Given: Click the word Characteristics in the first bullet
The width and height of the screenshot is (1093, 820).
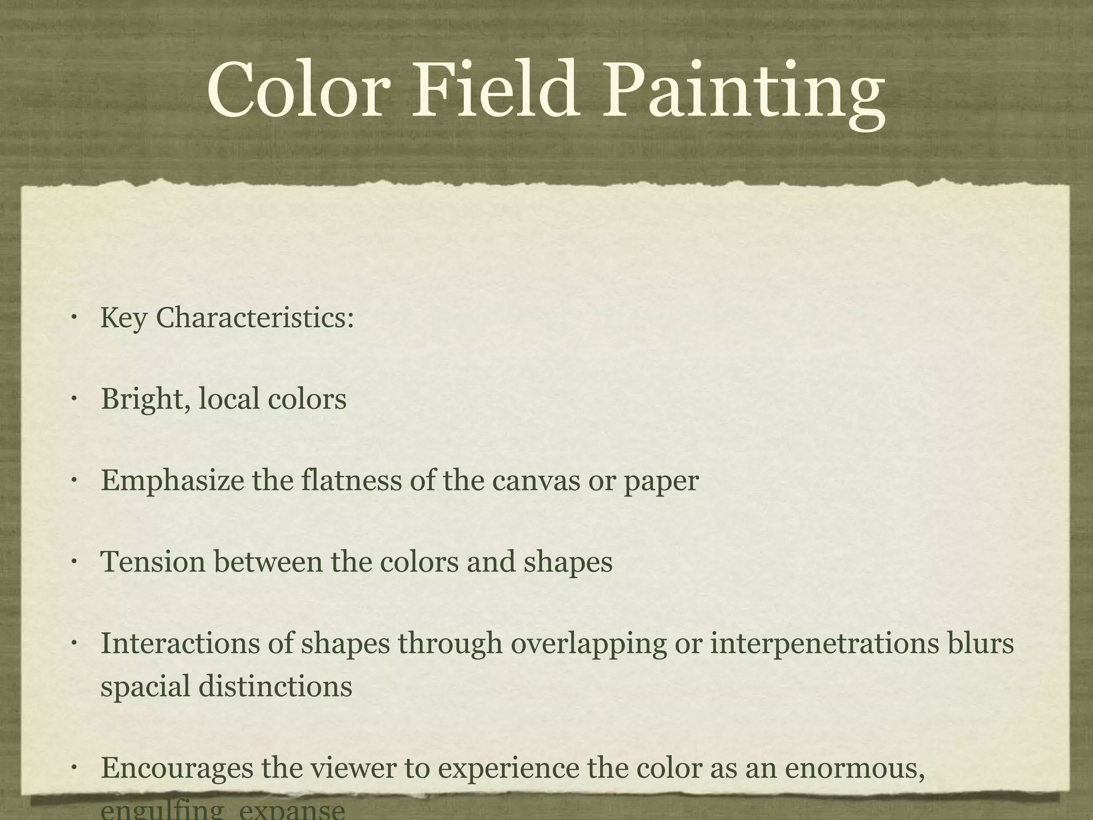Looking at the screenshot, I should tap(255, 318).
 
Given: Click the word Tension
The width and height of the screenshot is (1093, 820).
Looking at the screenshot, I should tap(153, 562).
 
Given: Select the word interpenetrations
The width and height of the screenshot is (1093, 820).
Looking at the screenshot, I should tap(825, 644).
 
